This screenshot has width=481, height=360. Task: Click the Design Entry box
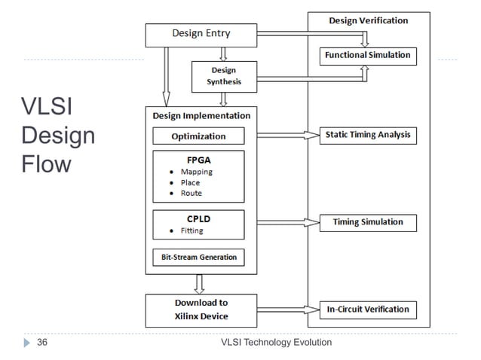[201, 34]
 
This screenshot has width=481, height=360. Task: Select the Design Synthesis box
[224, 76]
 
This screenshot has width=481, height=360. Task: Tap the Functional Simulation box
[367, 55]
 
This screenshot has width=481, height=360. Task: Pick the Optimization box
[198, 136]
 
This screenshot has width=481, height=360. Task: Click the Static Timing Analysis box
[367, 136]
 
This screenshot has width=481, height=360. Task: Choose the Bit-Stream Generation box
[198, 257]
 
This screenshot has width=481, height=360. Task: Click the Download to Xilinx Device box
[201, 310]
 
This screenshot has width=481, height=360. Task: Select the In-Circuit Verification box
[367, 309]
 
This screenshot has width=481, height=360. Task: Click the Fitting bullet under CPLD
[191, 231]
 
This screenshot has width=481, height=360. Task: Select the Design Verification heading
[369, 20]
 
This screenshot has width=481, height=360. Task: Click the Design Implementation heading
[201, 116]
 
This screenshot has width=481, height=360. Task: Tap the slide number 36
[42, 343]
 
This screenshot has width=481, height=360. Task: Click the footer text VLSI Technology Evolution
[276, 343]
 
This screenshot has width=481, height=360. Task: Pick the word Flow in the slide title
[46, 163]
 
